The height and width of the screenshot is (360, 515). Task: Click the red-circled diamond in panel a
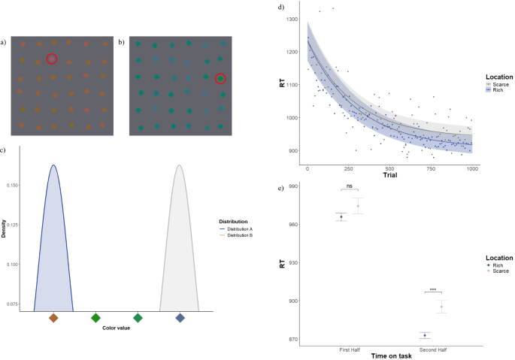point(51,59)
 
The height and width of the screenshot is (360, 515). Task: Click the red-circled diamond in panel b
point(220,78)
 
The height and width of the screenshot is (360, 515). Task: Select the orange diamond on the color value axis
point(53,318)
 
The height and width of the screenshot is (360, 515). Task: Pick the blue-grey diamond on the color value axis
point(180,318)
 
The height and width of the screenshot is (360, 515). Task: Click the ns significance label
point(350,185)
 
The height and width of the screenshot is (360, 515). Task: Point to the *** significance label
point(433,289)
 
